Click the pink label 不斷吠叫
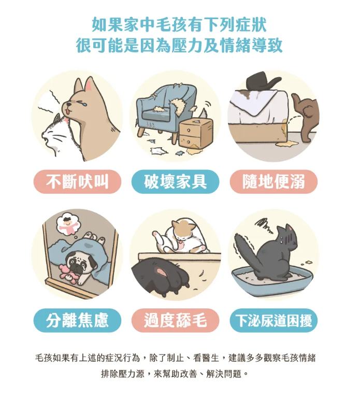point(77,182)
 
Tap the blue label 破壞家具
point(175,182)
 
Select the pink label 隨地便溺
point(273,182)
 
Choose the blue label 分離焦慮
point(77,320)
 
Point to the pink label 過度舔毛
point(175,320)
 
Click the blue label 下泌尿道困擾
point(273,320)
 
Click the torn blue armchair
point(165,109)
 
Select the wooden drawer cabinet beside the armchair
point(196,134)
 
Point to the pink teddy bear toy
point(68,274)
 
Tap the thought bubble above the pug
point(68,224)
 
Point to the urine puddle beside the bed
point(287,144)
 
